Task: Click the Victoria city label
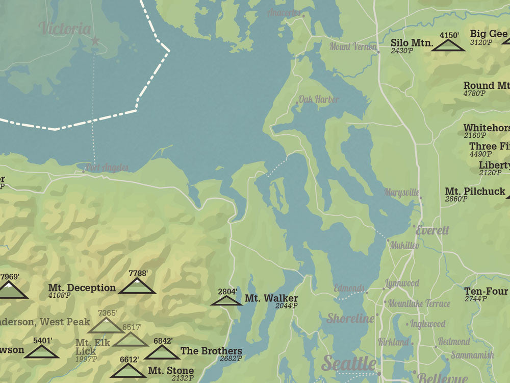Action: coord(65,29)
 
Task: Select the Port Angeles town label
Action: coord(107,167)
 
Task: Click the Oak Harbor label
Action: coord(318,99)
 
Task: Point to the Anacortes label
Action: coord(284,13)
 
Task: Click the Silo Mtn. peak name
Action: coord(412,43)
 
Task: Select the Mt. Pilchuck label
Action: coord(475,192)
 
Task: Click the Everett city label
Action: coord(432,230)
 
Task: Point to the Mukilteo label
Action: coord(404,246)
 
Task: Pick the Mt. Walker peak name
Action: coord(271,299)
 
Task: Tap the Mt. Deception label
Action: coord(82,288)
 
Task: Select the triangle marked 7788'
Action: coord(137,286)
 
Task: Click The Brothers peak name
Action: coord(211,351)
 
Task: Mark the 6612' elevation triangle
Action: coord(127,371)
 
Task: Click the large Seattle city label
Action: coord(349,364)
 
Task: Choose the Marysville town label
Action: coord(402,193)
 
